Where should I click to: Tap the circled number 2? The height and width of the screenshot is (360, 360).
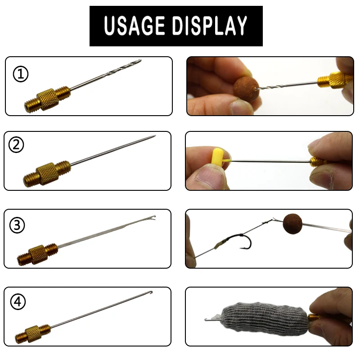tap(17, 145)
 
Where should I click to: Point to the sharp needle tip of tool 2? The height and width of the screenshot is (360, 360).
tap(154, 136)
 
